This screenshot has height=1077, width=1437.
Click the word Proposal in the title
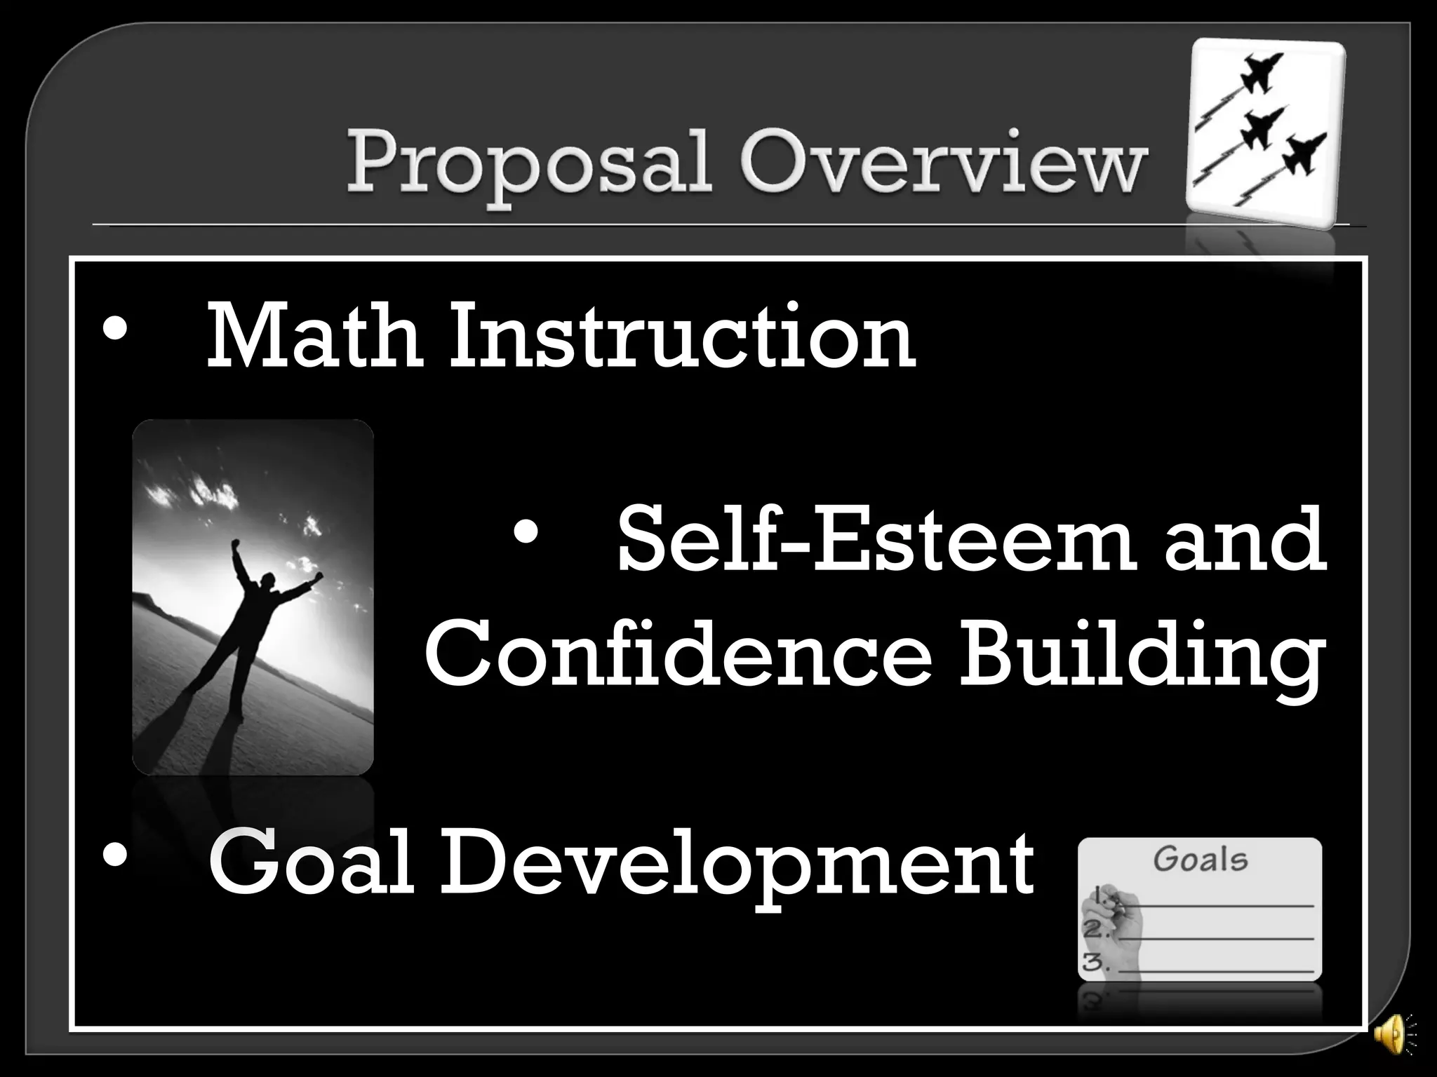[528, 168]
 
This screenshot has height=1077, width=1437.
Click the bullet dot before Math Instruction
[114, 330]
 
